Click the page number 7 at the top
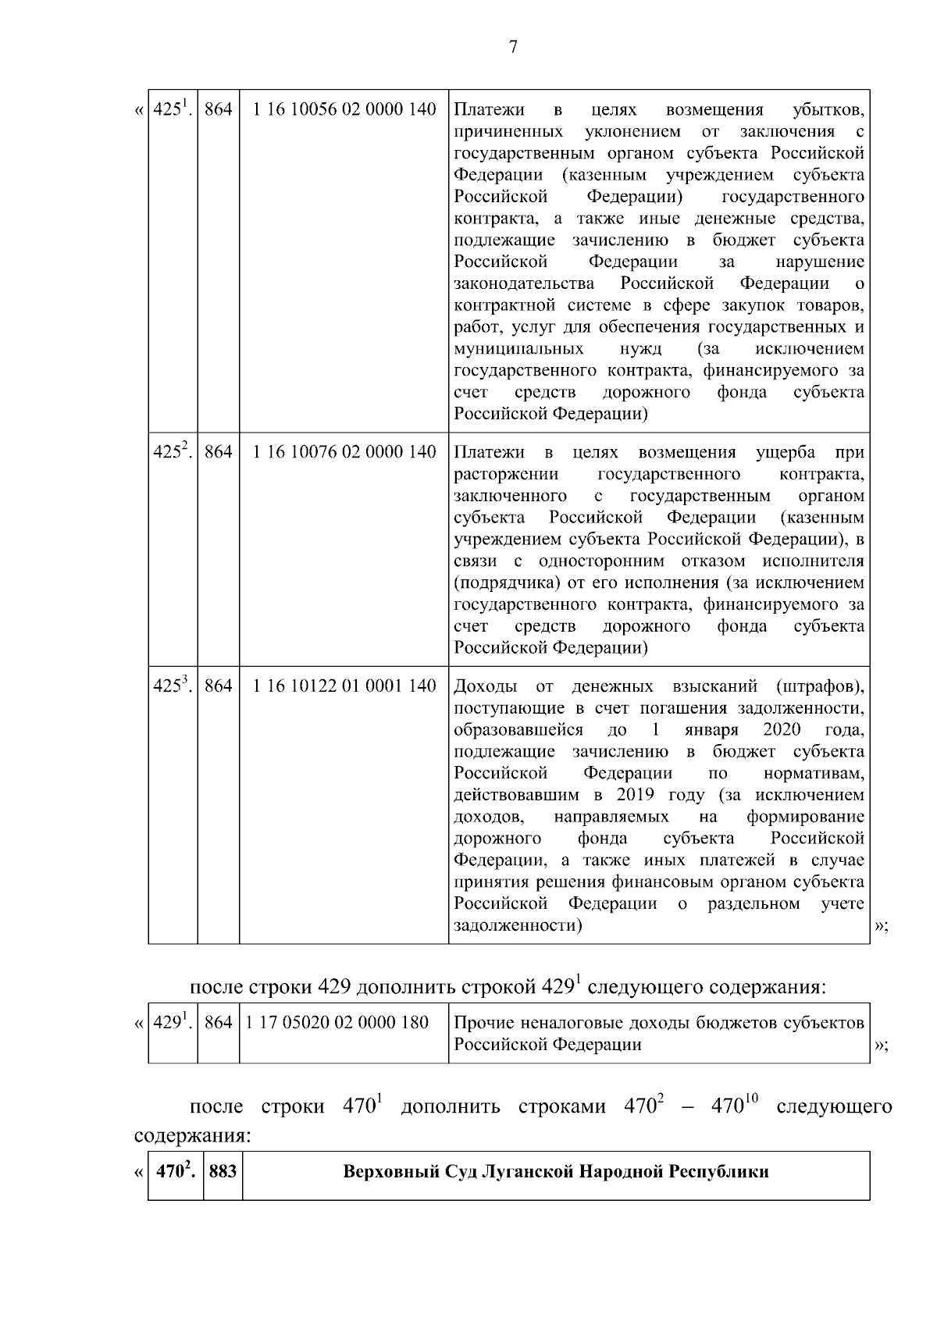[512, 47]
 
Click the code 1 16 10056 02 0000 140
[344, 109]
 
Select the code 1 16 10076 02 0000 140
[344, 452]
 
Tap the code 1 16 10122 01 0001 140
[344, 686]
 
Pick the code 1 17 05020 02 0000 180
[337, 1022]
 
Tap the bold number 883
[223, 1172]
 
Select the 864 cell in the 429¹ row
[218, 1022]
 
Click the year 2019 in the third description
[636, 796]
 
